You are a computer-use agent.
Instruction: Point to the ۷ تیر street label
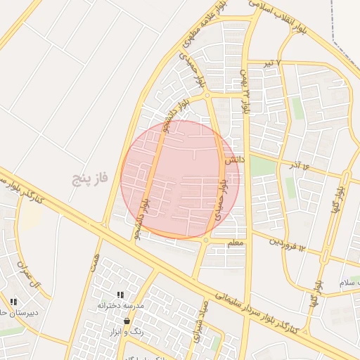tap(268, 63)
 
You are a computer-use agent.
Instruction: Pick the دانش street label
tap(234, 160)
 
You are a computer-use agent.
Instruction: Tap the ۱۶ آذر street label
tap(298, 166)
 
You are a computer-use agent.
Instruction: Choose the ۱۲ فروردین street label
tap(288, 244)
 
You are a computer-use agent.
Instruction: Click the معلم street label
tap(236, 243)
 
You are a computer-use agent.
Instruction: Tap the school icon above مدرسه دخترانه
tap(120, 295)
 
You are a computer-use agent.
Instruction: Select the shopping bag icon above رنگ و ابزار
tap(127, 321)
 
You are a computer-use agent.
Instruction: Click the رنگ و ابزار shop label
tap(127, 331)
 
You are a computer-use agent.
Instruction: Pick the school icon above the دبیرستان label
tap(13, 302)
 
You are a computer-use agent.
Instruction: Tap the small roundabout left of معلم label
tap(205, 240)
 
